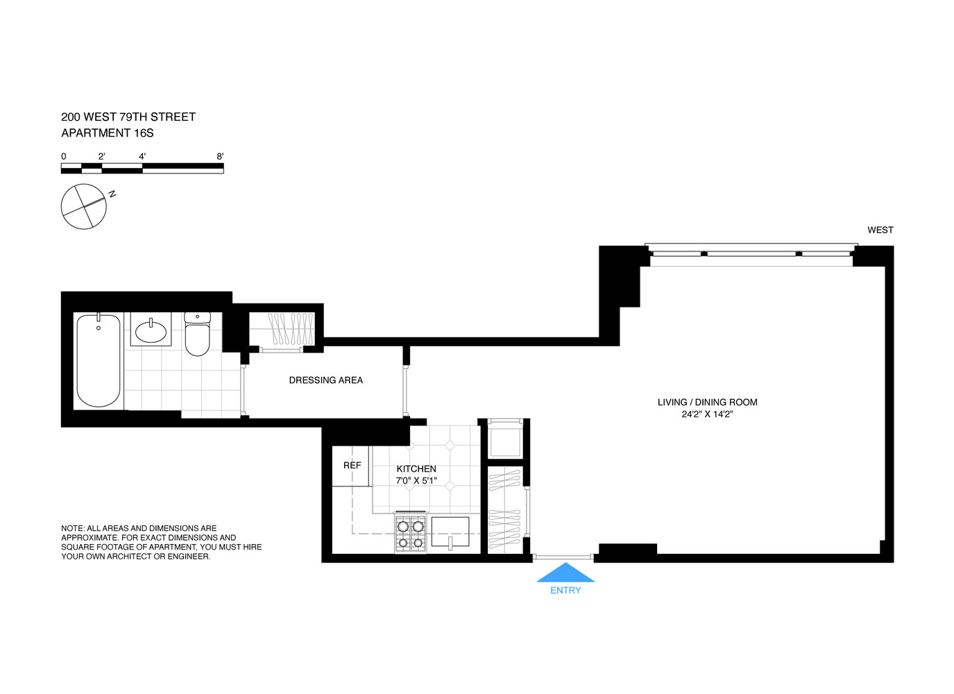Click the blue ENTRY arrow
click(x=565, y=573)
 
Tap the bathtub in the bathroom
click(x=98, y=361)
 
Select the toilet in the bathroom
click(x=198, y=335)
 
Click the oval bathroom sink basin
click(x=151, y=332)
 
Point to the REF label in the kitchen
click(x=352, y=466)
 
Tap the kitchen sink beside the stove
click(x=450, y=532)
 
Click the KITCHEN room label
click(x=416, y=469)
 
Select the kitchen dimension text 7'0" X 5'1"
click(x=416, y=480)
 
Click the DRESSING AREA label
click(x=325, y=380)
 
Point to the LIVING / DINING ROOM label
click(x=707, y=403)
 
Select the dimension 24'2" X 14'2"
click(x=707, y=414)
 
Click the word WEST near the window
click(x=880, y=230)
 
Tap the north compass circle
click(x=84, y=206)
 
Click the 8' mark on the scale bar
click(x=220, y=157)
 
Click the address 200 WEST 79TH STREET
click(x=128, y=117)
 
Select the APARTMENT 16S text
click(x=108, y=133)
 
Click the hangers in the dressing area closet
click(x=291, y=329)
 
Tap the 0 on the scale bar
click(x=64, y=157)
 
